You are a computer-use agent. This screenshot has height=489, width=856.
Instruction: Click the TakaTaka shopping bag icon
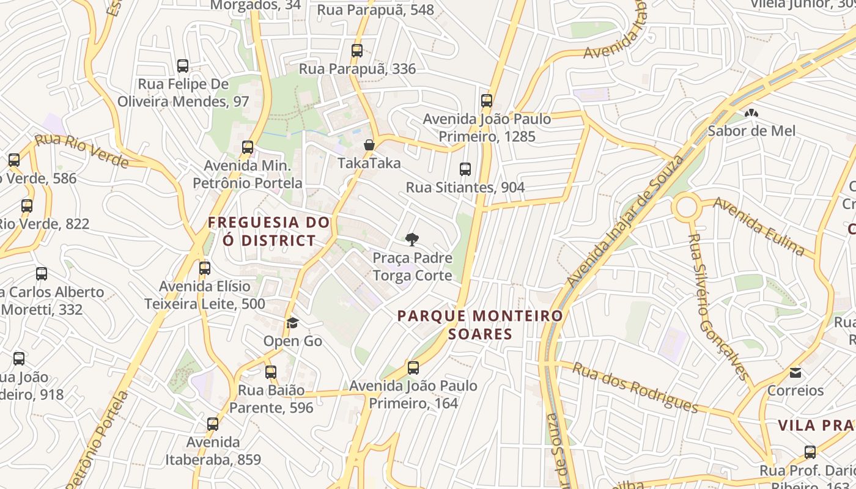(369, 145)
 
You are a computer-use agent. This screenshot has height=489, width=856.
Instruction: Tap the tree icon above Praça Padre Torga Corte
(412, 240)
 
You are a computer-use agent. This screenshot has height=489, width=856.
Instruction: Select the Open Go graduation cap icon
(292, 323)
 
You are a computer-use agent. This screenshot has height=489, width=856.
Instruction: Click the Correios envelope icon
(795, 372)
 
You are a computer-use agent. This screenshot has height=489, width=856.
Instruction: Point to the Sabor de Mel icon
(751, 113)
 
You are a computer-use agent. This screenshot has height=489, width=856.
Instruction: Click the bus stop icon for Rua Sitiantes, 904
(465, 169)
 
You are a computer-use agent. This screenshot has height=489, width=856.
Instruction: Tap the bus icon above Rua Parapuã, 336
(357, 51)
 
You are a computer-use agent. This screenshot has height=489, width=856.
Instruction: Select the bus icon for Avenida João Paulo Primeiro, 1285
(487, 101)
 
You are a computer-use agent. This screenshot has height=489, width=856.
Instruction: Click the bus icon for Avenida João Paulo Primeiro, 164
(413, 368)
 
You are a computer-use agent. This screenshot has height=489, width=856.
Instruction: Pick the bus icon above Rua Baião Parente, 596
(271, 372)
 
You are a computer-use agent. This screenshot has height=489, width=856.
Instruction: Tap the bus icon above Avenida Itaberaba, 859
(213, 424)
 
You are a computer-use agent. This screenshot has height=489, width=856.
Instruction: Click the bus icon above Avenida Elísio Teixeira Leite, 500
(205, 268)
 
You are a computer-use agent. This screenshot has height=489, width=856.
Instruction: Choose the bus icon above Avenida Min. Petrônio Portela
(248, 147)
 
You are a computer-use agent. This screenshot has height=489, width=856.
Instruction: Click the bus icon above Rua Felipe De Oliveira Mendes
(183, 65)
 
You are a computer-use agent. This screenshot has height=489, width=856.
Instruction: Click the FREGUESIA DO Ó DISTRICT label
(269, 231)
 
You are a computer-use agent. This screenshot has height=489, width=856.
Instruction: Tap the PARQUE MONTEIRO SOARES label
(480, 325)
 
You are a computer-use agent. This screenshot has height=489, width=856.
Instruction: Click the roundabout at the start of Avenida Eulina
(687, 207)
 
